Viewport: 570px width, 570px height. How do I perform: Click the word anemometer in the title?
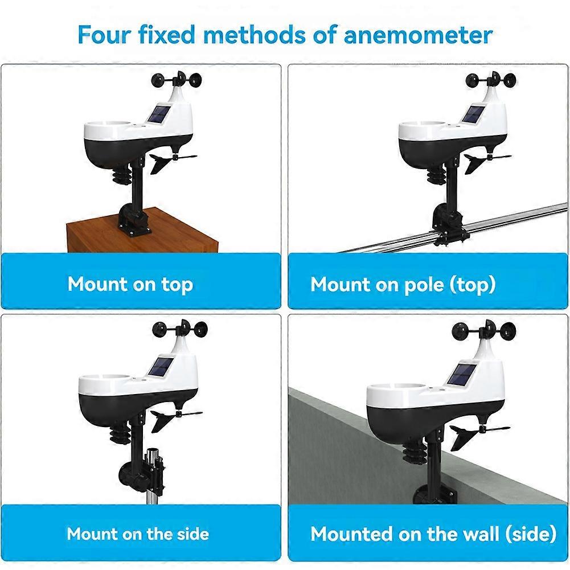pyautogui.click(x=418, y=35)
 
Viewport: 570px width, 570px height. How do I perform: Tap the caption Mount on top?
pyautogui.click(x=130, y=284)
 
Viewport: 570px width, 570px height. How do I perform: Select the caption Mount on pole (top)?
pyautogui.click(x=403, y=284)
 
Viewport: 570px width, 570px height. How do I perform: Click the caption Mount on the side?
pyautogui.click(x=138, y=534)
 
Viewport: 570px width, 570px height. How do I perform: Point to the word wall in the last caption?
pyautogui.click(x=477, y=534)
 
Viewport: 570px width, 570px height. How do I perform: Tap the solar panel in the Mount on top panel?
pyautogui.click(x=158, y=114)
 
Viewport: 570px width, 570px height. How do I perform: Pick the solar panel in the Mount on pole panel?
pyautogui.click(x=473, y=114)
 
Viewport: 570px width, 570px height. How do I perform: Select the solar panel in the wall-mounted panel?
pyautogui.click(x=460, y=375)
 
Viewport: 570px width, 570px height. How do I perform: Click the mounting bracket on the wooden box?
pyautogui.click(x=133, y=220)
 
